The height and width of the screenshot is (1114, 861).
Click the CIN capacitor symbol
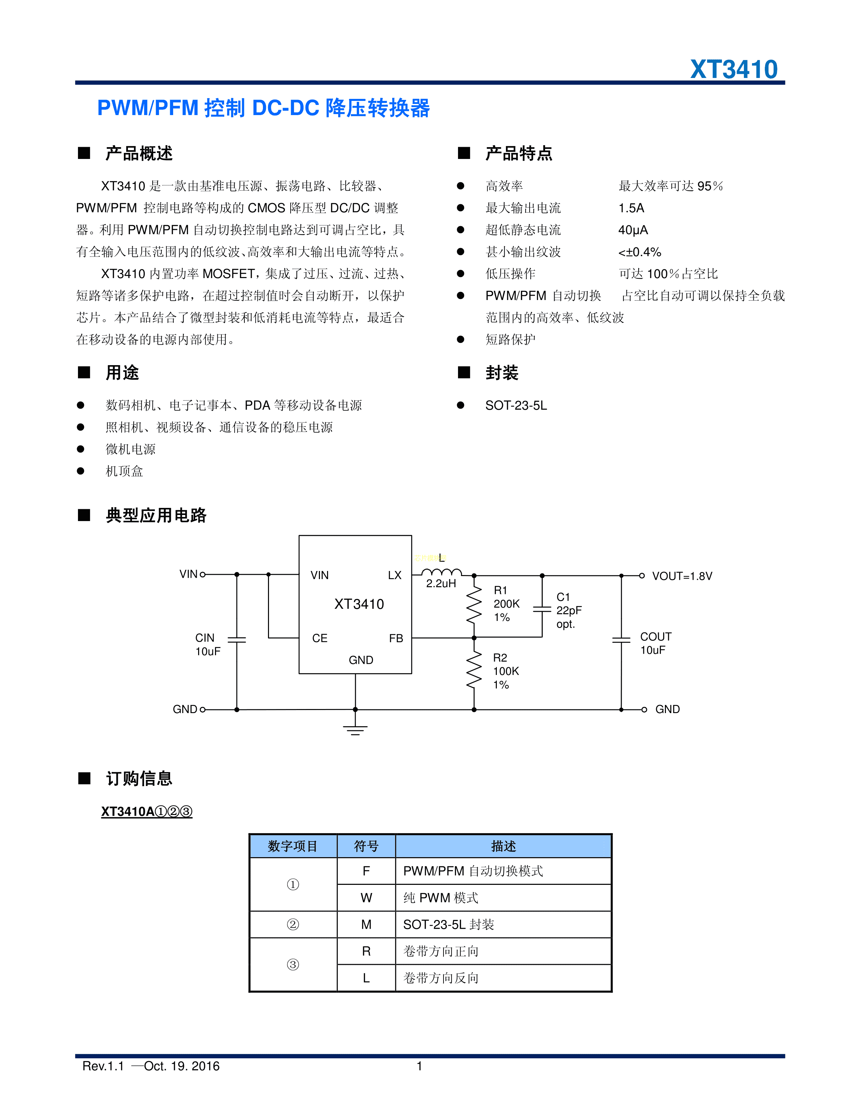(237, 640)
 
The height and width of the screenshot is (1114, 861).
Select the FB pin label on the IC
(396, 638)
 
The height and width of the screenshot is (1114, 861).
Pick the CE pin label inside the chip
(320, 638)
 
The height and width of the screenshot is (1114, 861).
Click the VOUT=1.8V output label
(682, 576)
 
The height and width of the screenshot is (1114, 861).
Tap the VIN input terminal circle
(203, 574)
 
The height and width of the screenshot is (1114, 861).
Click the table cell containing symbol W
(366, 898)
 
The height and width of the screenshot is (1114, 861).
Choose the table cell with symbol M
(366, 924)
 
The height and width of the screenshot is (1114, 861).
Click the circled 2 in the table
(293, 924)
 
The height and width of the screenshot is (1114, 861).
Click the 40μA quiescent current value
(633, 230)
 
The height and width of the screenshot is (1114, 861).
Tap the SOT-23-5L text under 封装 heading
(516, 406)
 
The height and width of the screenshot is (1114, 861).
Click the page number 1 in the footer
(419, 1066)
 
